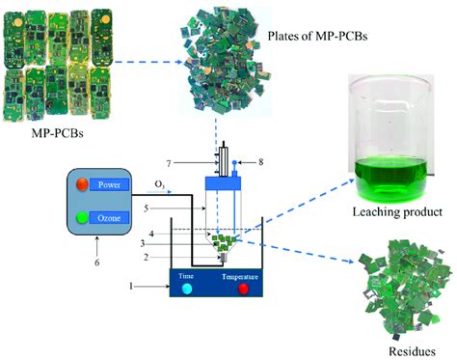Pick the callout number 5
[146, 207]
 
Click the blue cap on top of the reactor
[223, 180]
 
